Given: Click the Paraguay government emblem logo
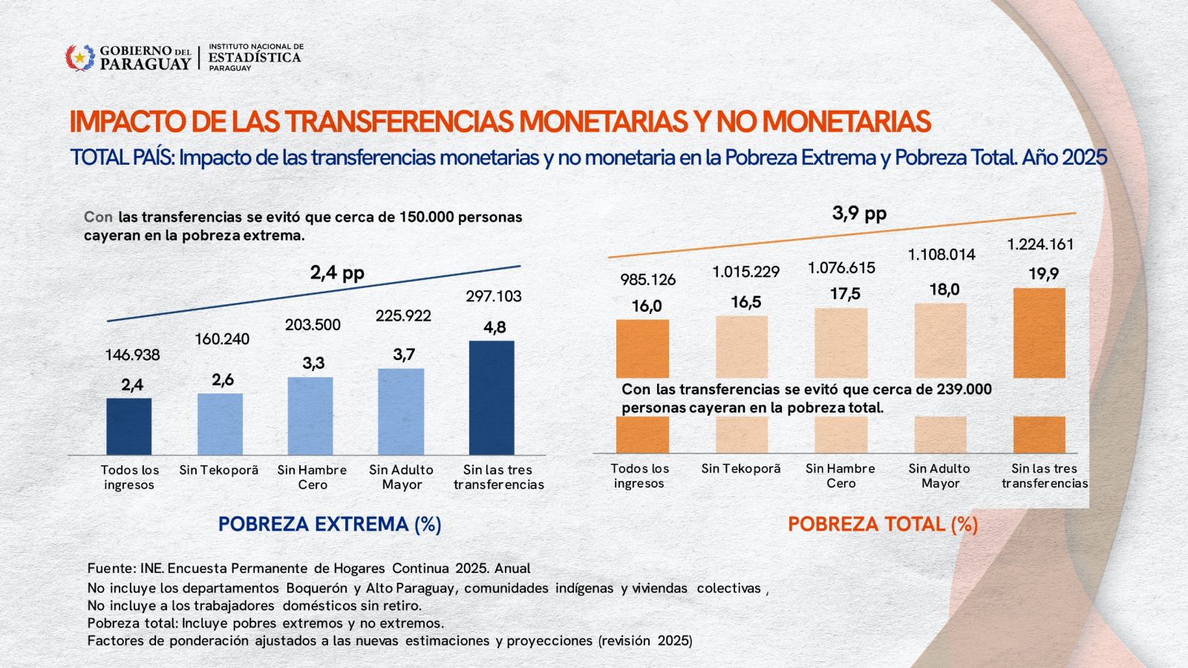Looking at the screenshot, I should pyautogui.click(x=80, y=57).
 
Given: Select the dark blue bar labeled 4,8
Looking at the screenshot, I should pyautogui.click(x=492, y=397).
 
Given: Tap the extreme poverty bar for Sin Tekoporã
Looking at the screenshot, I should pyautogui.click(x=220, y=424).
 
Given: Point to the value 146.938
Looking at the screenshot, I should pyautogui.click(x=132, y=355).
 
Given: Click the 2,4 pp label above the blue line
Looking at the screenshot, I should pyautogui.click(x=337, y=273).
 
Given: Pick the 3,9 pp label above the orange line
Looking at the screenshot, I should pyautogui.click(x=859, y=214).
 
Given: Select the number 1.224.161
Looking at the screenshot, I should pyautogui.click(x=1040, y=244).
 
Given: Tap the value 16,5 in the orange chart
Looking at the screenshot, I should pyautogui.click(x=745, y=302).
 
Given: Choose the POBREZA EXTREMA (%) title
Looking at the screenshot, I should pyautogui.click(x=330, y=524).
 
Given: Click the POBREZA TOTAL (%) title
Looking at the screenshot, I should pyautogui.click(x=882, y=524).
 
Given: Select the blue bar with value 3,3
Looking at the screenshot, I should pyautogui.click(x=310, y=416).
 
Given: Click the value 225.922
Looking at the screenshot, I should pyautogui.click(x=403, y=316).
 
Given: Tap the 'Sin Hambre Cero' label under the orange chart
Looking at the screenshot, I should pyautogui.click(x=841, y=476).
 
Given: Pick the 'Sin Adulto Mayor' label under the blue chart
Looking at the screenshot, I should pyautogui.click(x=401, y=477).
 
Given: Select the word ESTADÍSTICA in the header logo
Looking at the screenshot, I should pyautogui.click(x=255, y=57).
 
